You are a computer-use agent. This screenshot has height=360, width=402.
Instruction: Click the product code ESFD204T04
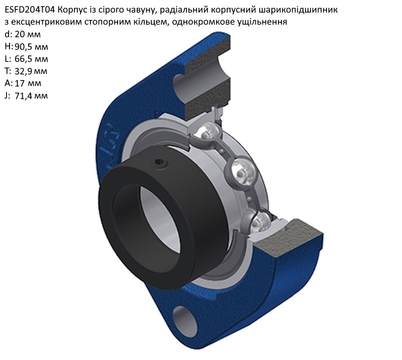point(30,10)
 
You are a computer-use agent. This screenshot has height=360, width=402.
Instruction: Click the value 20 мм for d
point(28,34)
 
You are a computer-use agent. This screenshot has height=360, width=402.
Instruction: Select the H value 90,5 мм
point(31,47)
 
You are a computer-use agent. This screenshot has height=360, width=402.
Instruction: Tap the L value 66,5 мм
point(31,59)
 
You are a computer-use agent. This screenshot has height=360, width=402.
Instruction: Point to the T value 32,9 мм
point(31,71)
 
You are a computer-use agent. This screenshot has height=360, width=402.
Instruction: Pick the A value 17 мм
point(28,83)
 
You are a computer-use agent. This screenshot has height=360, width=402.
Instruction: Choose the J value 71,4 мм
point(31,96)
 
